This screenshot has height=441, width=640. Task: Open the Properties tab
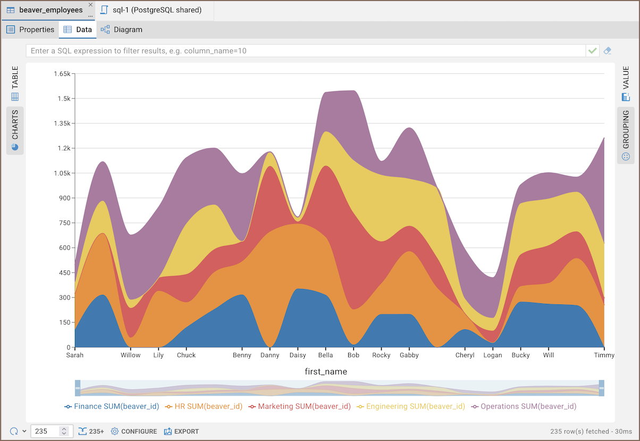tap(31, 30)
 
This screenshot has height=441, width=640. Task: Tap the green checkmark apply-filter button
tap(592, 51)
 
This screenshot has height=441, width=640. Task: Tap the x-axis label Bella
tap(325, 355)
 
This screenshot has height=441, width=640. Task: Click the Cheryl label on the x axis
tap(465, 355)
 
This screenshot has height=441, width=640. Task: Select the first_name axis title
tap(325, 372)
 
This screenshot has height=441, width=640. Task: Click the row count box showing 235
tap(45, 431)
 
